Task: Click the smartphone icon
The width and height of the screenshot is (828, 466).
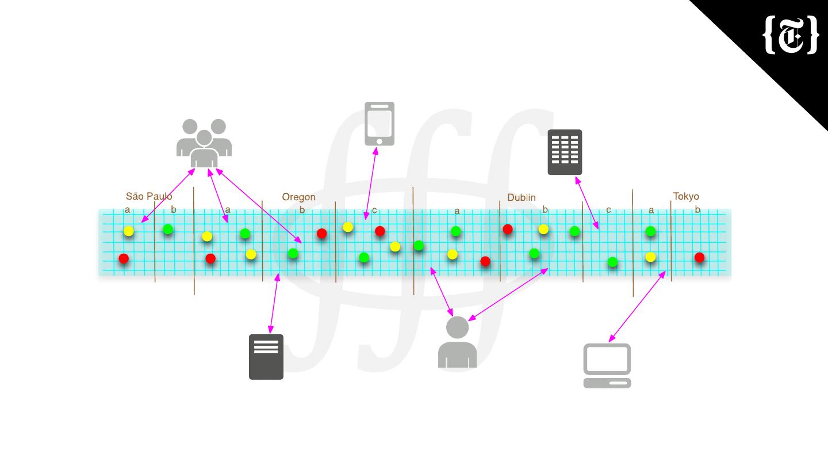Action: click(x=379, y=124)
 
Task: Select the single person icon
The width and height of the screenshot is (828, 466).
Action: click(x=457, y=342)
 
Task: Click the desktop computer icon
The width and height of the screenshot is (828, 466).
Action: click(x=607, y=365)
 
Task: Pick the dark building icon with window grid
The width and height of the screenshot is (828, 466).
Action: click(x=565, y=152)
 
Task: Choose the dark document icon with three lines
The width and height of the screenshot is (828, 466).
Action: click(x=266, y=357)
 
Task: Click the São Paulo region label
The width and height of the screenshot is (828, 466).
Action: click(x=149, y=197)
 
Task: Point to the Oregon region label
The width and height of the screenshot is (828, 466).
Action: click(x=298, y=197)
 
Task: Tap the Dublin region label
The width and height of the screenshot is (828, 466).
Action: click(x=521, y=198)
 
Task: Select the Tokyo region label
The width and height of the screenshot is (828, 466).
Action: click(x=686, y=197)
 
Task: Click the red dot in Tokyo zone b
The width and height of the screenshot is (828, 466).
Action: click(x=699, y=258)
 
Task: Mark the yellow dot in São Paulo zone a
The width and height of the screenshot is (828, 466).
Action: click(x=129, y=231)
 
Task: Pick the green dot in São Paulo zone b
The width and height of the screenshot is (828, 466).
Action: click(x=168, y=230)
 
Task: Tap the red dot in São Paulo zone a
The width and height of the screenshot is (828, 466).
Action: click(x=124, y=259)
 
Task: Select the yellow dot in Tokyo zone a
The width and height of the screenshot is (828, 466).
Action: click(x=650, y=257)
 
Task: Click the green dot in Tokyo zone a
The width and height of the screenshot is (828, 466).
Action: click(x=650, y=231)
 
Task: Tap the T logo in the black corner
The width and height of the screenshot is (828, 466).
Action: click(x=791, y=35)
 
